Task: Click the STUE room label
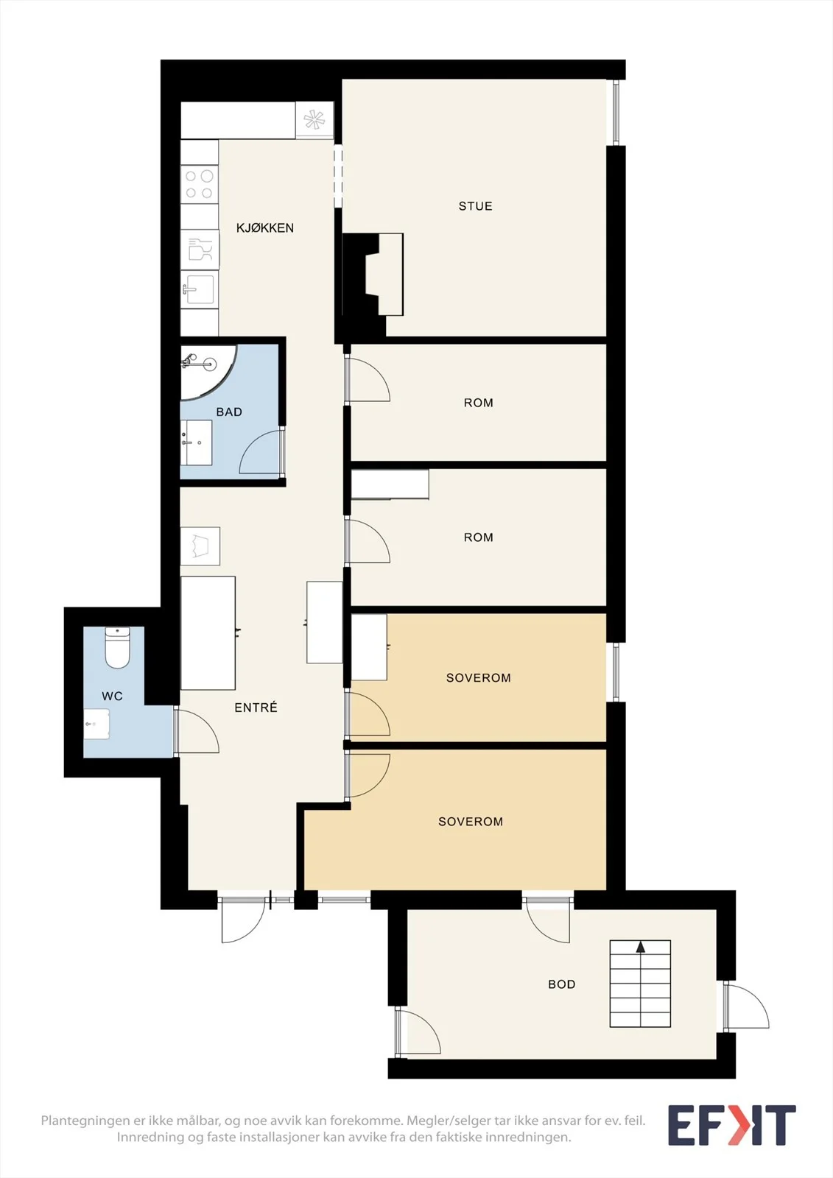tap(475, 206)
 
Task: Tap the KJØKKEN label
tap(264, 228)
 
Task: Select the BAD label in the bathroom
tap(229, 412)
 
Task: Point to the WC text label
tap(112, 696)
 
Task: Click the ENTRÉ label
tap(256, 708)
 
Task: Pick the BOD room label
tap(561, 984)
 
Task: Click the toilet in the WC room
tap(117, 648)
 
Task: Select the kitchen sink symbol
tap(200, 289)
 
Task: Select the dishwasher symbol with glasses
tap(200, 250)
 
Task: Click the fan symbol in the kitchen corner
tap(314, 120)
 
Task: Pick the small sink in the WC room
tap(96, 724)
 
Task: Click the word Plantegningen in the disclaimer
tap(85, 1121)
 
